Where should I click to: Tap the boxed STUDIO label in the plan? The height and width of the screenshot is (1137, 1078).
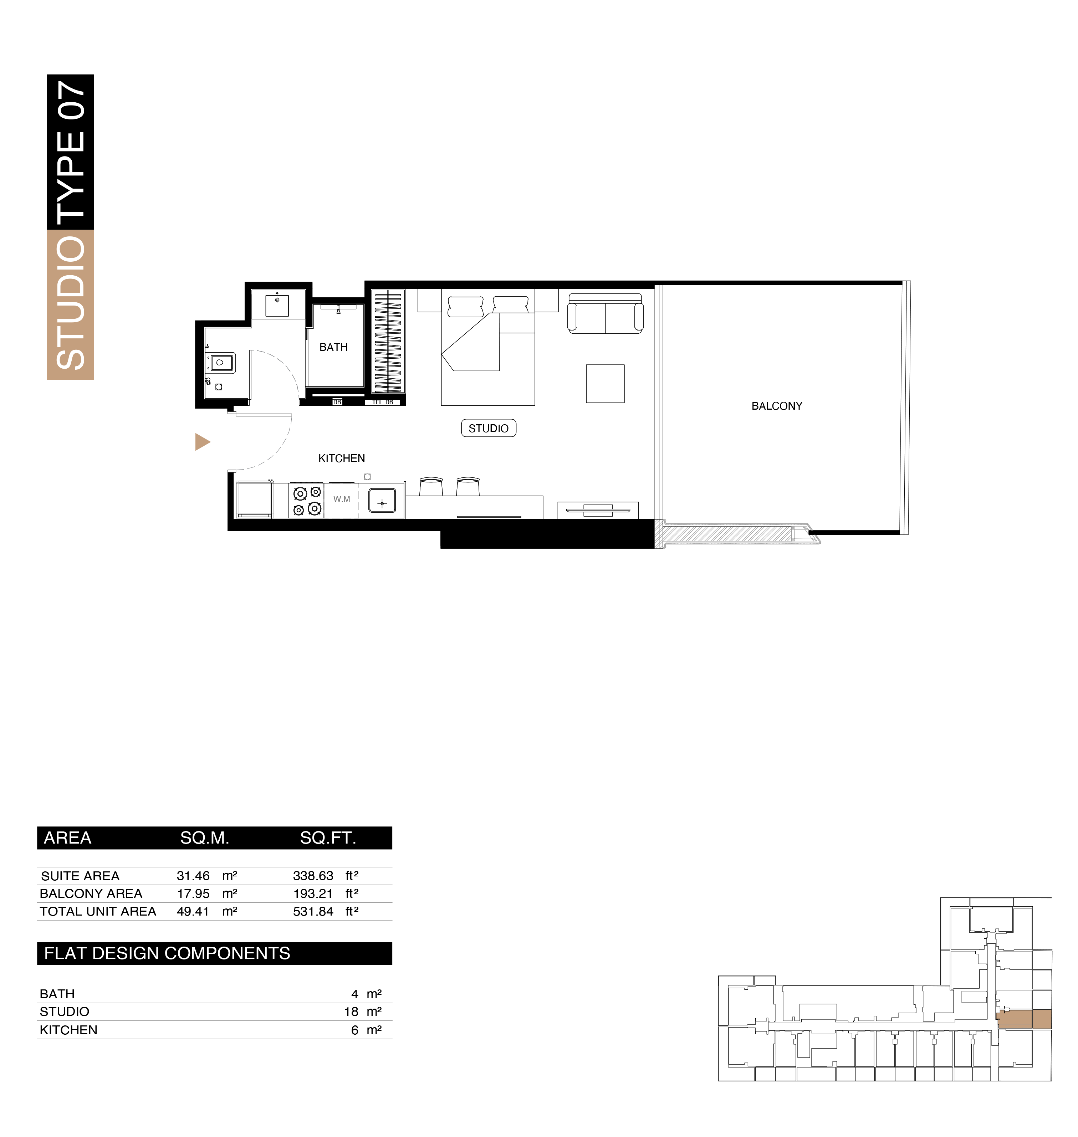[x=489, y=429]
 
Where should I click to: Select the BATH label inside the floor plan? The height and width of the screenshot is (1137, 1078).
[x=333, y=347]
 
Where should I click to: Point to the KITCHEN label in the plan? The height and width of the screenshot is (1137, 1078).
[x=341, y=459]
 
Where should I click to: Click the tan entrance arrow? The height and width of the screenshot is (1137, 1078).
[x=202, y=442]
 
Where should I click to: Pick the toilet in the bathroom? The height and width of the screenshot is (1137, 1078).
[x=221, y=363]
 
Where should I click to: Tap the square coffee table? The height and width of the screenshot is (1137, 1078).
[x=605, y=384]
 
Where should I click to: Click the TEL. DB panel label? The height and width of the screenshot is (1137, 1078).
[x=383, y=402]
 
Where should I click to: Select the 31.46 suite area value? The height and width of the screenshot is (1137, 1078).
[x=193, y=876]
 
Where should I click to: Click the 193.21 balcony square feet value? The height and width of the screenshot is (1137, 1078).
[x=313, y=893]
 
